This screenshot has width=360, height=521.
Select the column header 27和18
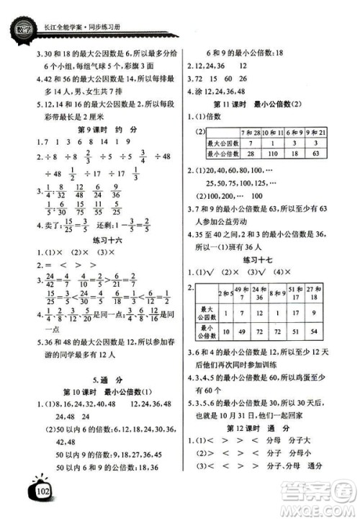coord(336,291)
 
